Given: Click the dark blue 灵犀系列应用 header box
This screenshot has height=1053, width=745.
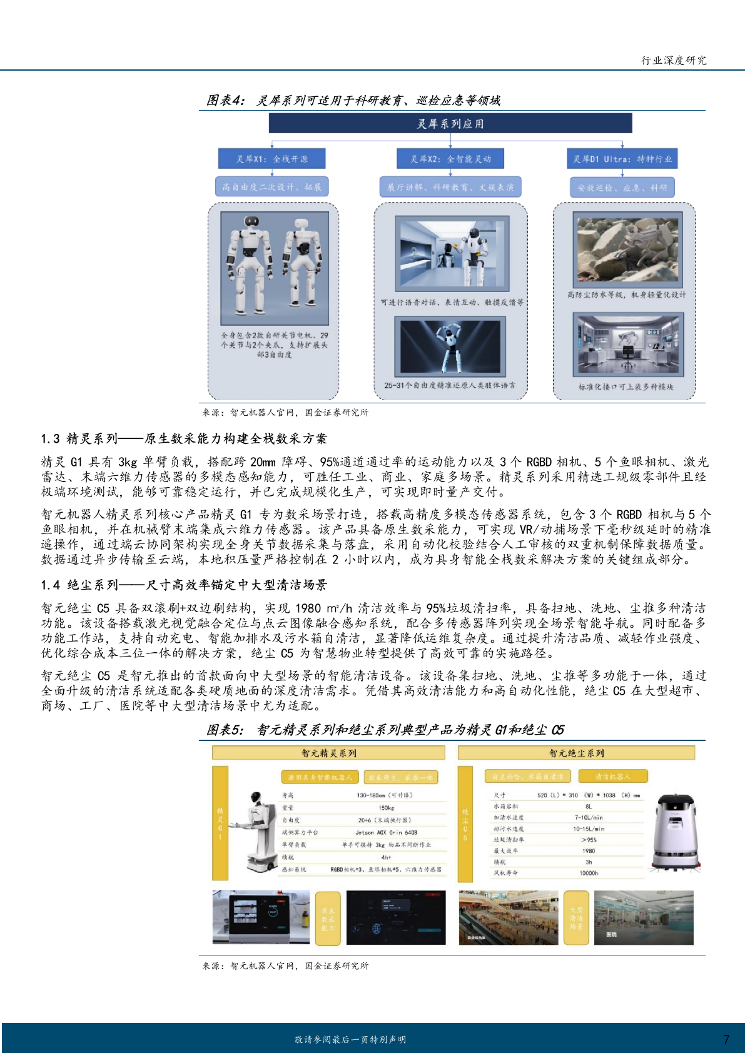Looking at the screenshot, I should (450, 123).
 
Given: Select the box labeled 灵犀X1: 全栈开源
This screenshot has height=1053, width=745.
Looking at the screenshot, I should (271, 159).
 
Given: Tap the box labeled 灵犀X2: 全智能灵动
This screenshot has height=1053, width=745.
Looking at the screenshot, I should (450, 159).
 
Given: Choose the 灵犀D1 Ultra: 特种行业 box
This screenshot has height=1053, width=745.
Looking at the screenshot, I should (622, 159).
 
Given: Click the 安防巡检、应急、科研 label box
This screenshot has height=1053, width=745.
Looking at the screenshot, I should (622, 187).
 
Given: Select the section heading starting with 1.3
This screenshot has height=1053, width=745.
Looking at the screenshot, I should (184, 438).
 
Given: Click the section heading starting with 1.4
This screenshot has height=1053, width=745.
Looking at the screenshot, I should (184, 585).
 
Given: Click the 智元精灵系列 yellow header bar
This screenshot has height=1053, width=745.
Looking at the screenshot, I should (329, 753).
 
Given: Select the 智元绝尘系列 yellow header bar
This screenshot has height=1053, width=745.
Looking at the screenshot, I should (576, 753).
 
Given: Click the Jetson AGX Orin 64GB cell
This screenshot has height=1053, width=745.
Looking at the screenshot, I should (386, 832).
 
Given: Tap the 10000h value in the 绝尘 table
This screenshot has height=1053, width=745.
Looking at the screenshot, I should (588, 873).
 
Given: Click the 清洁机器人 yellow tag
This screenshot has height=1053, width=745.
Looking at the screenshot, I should (612, 777).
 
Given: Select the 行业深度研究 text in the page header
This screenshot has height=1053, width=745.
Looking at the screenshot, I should (674, 60).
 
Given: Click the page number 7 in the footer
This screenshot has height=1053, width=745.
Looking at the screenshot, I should (726, 1039).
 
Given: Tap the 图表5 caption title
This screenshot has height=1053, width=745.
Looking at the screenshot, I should (385, 730).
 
